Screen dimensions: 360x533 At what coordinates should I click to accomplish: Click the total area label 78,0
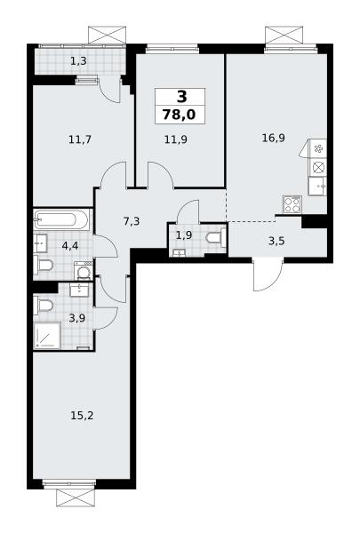[x=180, y=115]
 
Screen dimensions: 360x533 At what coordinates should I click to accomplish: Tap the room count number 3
[x=181, y=97]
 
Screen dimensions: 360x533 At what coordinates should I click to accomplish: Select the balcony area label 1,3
[x=78, y=61]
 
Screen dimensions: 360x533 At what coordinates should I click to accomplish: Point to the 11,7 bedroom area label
[x=80, y=139]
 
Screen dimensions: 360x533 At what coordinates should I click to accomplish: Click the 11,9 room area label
[x=176, y=139]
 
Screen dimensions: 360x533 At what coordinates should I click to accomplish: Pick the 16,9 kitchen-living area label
[x=274, y=138]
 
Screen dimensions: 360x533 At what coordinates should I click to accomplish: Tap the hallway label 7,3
[x=132, y=221]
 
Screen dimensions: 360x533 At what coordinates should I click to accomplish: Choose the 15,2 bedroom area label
[x=82, y=416]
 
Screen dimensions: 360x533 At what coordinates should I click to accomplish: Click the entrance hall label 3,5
[x=276, y=242]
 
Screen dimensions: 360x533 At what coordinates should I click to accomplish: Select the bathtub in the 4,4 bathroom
[x=61, y=219]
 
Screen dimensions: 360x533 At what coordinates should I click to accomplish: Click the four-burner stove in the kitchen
[x=292, y=204]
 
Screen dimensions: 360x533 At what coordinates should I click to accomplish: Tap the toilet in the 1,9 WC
[x=216, y=237]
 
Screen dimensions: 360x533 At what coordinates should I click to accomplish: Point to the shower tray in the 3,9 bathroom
[x=47, y=335]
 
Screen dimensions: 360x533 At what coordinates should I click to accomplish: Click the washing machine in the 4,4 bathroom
[x=83, y=271]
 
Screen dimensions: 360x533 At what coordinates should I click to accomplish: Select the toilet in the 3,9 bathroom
[x=43, y=306]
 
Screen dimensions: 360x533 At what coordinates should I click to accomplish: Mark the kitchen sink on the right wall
[x=317, y=186]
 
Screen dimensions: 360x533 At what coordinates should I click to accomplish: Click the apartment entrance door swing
[x=268, y=274]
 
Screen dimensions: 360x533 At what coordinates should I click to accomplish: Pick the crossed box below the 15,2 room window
[x=76, y=498]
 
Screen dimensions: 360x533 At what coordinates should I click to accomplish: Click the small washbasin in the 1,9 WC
[x=179, y=252]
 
